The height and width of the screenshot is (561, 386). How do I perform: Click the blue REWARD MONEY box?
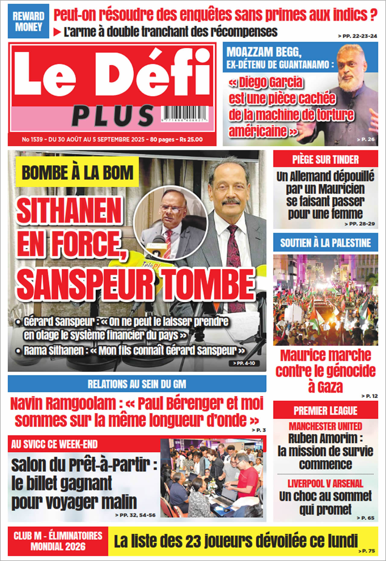[28, 21]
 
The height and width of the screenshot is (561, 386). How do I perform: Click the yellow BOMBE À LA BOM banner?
[77, 173]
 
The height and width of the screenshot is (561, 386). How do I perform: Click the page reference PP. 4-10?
[244, 363]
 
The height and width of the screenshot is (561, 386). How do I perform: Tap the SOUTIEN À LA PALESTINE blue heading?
[325, 243]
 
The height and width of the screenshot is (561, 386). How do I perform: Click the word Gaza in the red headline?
[325, 387]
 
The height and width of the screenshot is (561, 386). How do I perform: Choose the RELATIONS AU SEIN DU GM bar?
[137, 384]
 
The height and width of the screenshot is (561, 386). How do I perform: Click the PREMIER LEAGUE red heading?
[325, 410]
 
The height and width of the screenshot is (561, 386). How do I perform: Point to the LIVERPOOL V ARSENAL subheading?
[325, 484]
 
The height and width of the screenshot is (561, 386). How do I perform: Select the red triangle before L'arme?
[57, 32]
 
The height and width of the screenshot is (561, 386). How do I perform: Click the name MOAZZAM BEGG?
[264, 52]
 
